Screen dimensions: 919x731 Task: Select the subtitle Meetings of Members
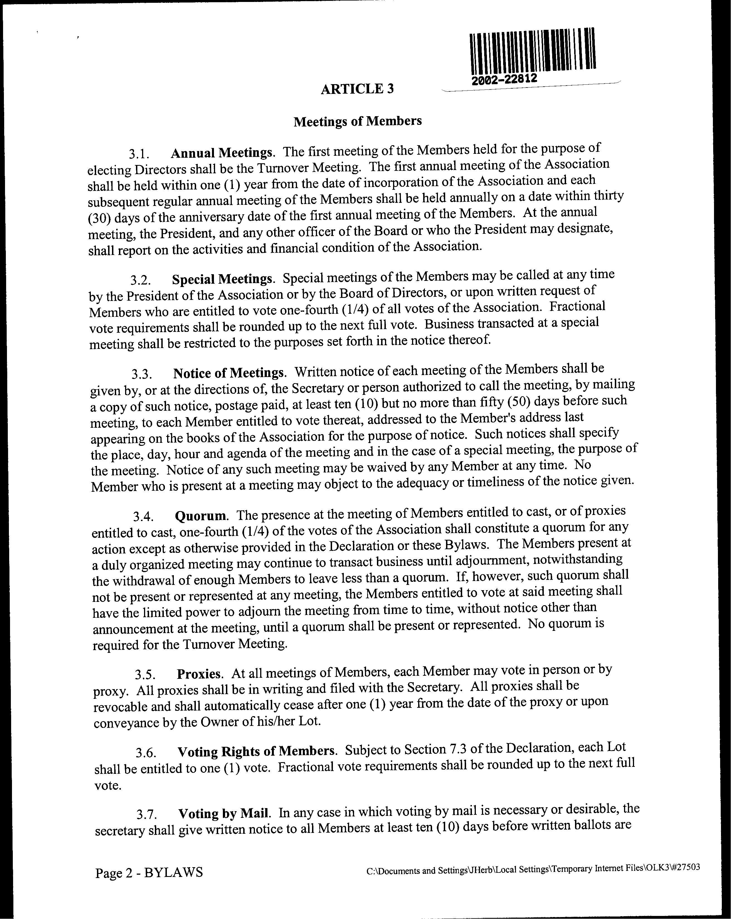tap(358, 121)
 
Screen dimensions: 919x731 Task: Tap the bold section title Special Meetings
tap(222, 279)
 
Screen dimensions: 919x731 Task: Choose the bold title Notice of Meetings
tap(228, 373)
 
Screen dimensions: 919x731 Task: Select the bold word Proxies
tap(199, 674)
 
